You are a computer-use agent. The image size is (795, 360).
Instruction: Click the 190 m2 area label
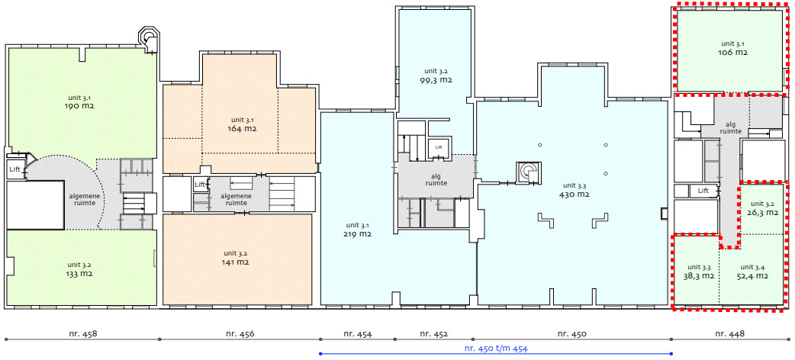coord(81,107)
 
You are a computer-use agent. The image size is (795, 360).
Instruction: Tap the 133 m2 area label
coord(80,273)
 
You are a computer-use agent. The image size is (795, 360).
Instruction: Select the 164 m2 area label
coord(243,129)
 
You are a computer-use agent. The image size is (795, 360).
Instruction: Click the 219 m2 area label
coord(359,234)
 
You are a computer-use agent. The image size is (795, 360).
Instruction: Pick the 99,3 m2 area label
coord(436,80)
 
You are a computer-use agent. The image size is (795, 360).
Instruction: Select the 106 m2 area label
coord(733,52)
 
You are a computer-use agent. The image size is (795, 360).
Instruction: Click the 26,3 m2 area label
coord(762,213)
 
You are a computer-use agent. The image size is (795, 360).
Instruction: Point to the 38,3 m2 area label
coord(699,276)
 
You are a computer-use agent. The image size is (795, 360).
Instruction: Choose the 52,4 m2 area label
coord(752,276)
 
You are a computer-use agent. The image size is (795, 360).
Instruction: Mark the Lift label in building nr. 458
coord(14,169)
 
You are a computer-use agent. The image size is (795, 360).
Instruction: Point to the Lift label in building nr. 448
coord(703,191)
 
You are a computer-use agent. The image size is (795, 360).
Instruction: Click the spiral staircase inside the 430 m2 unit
coord(529,172)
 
